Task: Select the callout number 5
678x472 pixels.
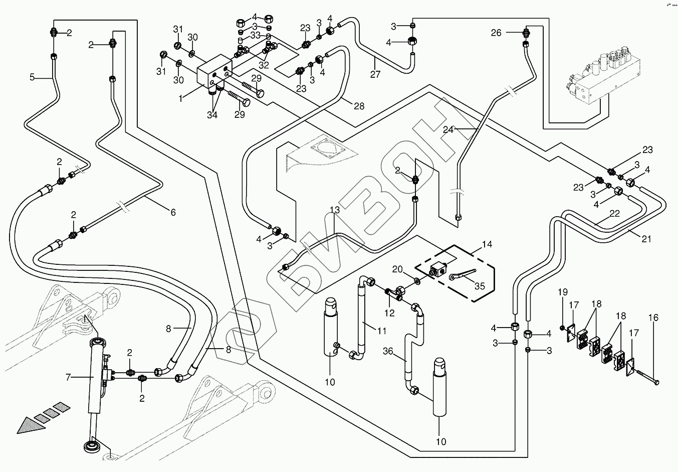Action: [32, 77]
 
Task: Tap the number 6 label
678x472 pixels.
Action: [173, 212]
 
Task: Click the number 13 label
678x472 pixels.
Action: [335, 210]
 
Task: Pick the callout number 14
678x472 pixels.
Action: [487, 245]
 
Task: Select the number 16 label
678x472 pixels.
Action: [653, 318]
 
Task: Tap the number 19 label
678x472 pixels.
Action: [562, 292]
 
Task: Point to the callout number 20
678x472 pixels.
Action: [397, 269]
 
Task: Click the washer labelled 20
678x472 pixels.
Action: [418, 279]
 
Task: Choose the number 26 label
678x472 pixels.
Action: [496, 33]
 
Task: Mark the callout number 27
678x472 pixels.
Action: [375, 75]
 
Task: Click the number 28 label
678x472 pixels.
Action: [358, 106]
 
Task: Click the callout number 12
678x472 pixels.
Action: [389, 313]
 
